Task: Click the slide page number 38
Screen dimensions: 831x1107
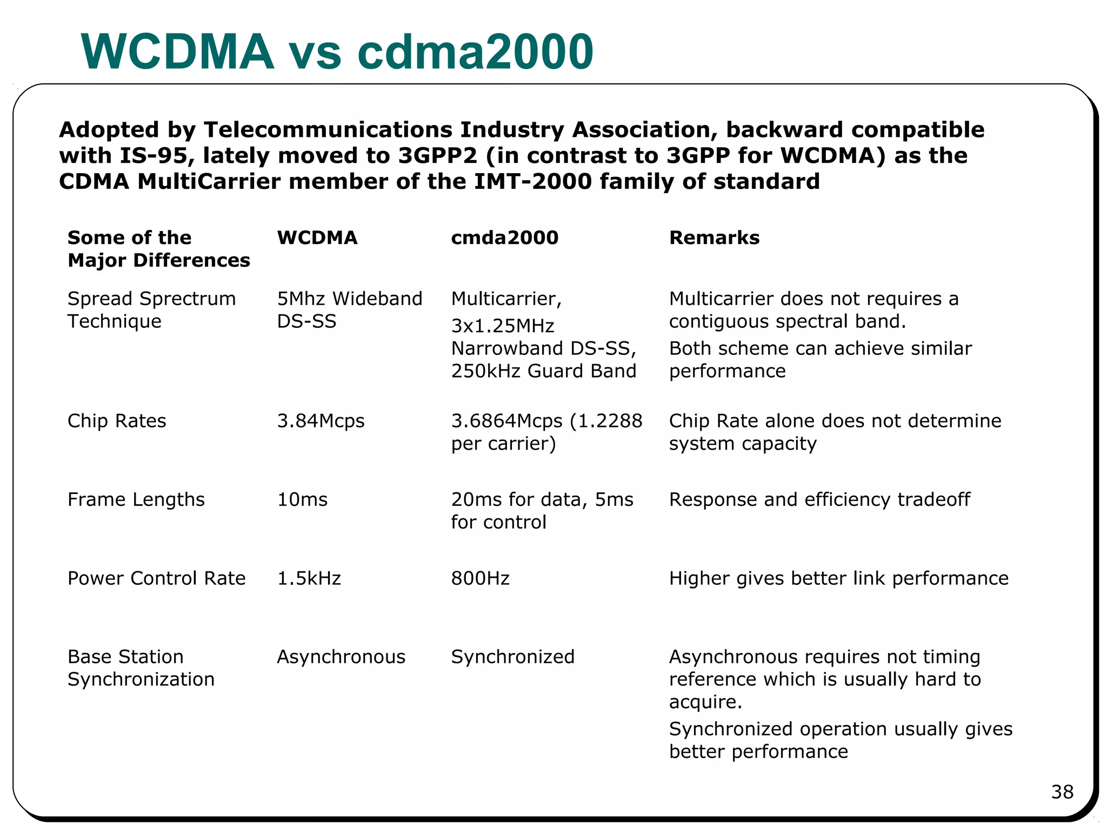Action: pos(1062,792)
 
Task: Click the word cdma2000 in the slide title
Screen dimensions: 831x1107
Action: pos(475,52)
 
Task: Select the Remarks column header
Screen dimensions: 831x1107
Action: pos(714,238)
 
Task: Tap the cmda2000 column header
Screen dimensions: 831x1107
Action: pos(504,238)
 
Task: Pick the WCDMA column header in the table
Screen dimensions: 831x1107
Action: pos(317,238)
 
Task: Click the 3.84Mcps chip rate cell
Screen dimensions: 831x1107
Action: pos(321,421)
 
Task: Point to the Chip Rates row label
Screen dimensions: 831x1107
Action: pos(117,421)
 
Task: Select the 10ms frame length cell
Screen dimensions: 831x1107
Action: pos(302,499)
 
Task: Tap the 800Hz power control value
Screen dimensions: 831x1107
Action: pos(480,578)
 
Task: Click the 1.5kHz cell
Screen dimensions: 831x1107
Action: pos(309,578)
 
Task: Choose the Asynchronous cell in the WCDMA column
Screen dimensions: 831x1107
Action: pos(341,657)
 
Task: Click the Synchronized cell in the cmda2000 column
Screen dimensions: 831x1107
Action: pos(512,657)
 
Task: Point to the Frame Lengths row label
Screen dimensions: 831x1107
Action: pos(136,499)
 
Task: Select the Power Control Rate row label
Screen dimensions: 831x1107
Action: pos(156,578)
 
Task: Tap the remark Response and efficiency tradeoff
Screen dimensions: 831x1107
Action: pos(819,499)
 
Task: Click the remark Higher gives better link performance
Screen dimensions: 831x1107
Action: pos(838,578)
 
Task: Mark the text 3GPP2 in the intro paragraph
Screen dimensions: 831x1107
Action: pos(438,156)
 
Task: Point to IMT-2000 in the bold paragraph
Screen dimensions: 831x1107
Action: pos(533,181)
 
